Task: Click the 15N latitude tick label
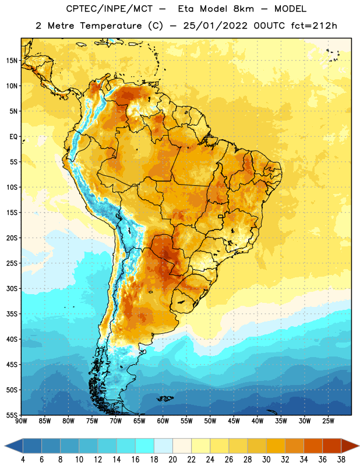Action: (x=12, y=61)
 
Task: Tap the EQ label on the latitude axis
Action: (x=13, y=137)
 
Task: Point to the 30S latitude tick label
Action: (x=12, y=288)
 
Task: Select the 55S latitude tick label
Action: (x=12, y=415)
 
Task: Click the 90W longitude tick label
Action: (x=21, y=421)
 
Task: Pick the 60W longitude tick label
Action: (x=163, y=421)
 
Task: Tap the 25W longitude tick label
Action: (x=328, y=421)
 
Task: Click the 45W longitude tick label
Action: (x=234, y=421)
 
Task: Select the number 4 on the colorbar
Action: (x=23, y=460)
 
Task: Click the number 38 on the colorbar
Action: (x=341, y=460)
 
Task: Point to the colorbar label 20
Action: (x=172, y=460)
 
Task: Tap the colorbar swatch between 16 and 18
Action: (x=145, y=446)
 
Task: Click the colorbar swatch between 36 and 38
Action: (x=332, y=446)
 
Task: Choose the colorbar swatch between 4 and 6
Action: (x=32, y=446)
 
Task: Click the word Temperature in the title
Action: (x=111, y=26)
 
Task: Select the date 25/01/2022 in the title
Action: (x=215, y=26)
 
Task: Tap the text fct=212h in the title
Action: (x=314, y=26)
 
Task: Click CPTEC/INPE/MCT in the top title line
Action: (x=110, y=9)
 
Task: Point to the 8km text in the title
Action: (x=243, y=9)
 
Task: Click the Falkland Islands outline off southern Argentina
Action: (x=165, y=398)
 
